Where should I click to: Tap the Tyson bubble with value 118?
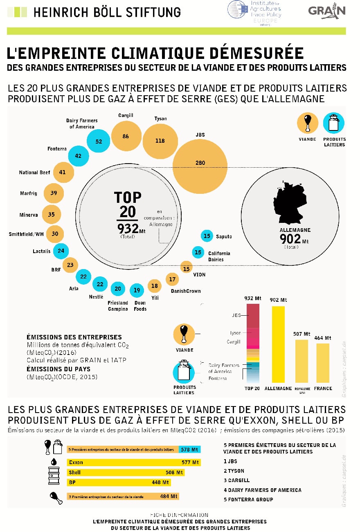coord(160,141)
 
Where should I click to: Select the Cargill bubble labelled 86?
coord(126,137)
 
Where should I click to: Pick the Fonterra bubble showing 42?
coord(78,156)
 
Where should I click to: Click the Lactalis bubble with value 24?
coord(61,251)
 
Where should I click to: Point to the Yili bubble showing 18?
coord(155,286)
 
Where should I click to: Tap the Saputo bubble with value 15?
coord(207,236)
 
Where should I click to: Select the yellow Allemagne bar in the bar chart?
coord(278,344)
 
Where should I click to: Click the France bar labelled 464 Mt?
coord(323,363)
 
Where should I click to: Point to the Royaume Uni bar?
coord(301,361)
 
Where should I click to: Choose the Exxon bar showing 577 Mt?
coord(133,462)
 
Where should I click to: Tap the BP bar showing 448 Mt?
coord(119,482)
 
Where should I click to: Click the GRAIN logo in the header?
coord(327,11)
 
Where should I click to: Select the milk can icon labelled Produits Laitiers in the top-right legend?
coord(334,123)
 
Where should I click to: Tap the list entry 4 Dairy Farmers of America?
coord(262,490)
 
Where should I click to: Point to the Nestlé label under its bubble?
coord(97,297)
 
